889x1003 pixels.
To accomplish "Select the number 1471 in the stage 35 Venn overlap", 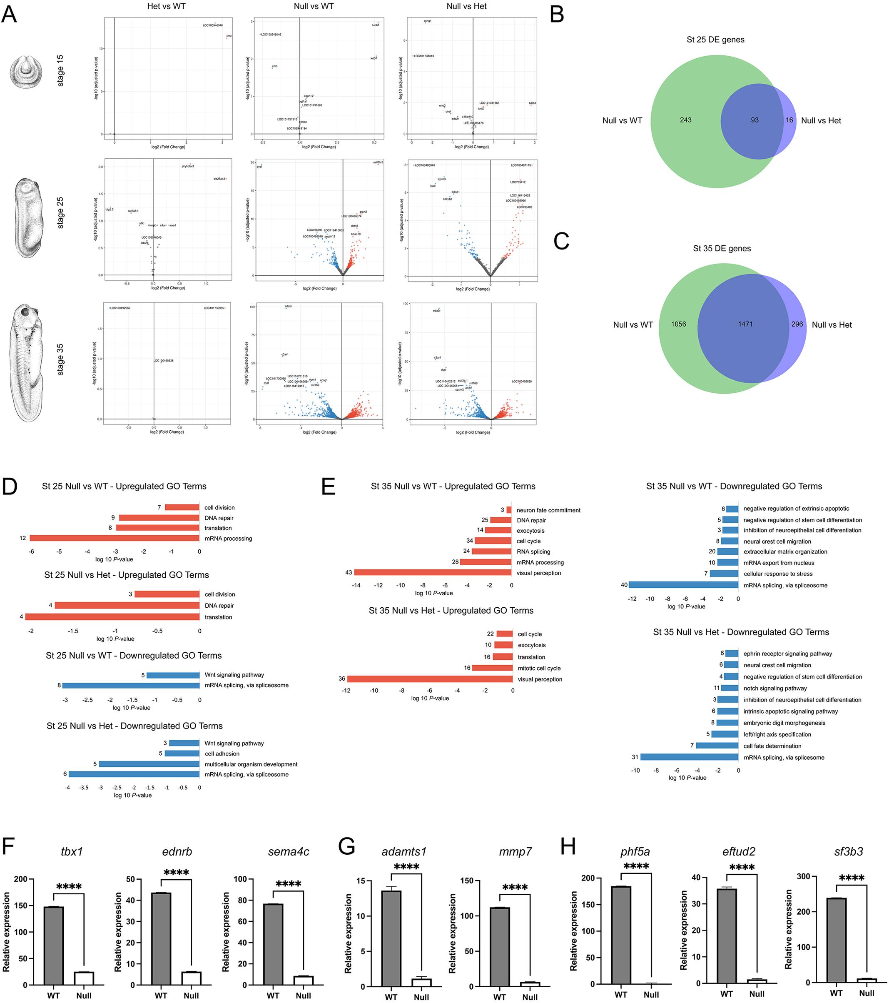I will click(745, 324).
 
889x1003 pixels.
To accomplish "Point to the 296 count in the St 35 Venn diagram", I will click(797, 324).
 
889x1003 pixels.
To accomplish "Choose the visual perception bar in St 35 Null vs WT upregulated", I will click(433, 573).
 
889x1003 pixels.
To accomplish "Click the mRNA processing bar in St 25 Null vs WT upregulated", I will click(115, 538).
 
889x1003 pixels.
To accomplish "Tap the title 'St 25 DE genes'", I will click(715, 40).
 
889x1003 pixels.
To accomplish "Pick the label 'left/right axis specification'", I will click(777, 735).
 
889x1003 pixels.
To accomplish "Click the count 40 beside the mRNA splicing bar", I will click(624, 585).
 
